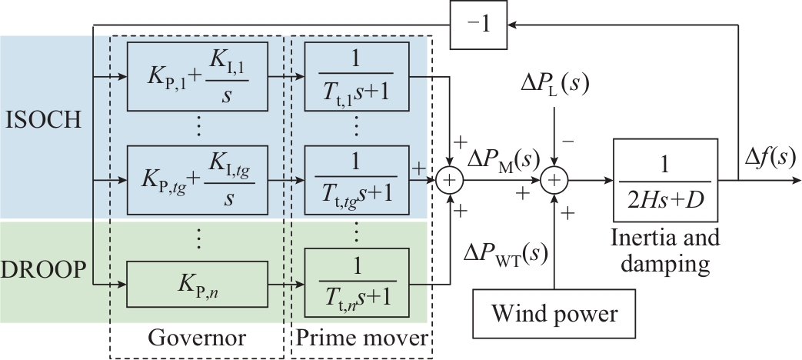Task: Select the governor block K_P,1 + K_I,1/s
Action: pyautogui.click(x=198, y=77)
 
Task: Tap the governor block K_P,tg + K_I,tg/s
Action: pyautogui.click(x=198, y=182)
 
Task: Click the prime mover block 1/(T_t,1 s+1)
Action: pyautogui.click(x=356, y=77)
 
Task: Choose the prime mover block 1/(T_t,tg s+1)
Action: pyautogui.click(x=356, y=182)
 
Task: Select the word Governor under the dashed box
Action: pyautogui.click(x=198, y=338)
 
